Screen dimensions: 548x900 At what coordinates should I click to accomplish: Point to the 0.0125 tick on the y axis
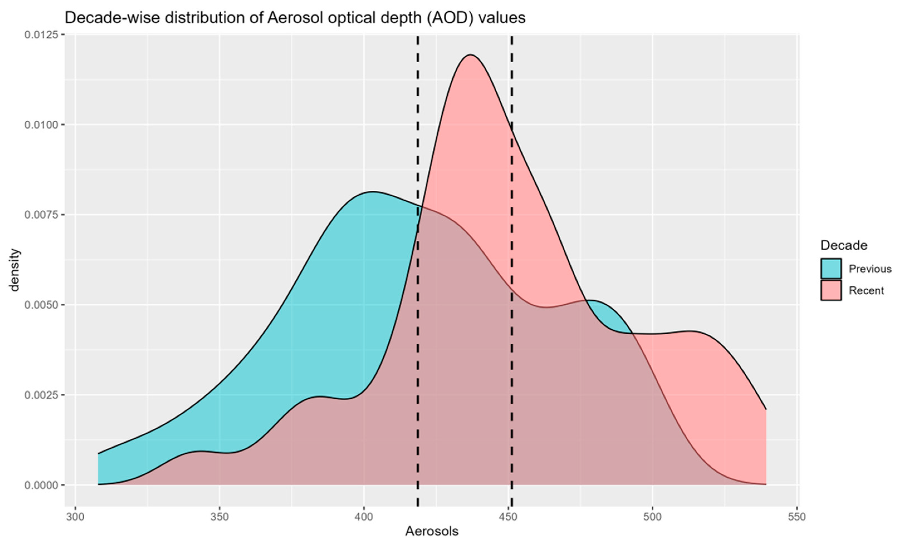tap(41, 35)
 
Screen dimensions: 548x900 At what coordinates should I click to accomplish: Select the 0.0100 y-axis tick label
tap(41, 125)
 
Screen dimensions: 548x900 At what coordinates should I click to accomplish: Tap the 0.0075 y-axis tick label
tap(41, 215)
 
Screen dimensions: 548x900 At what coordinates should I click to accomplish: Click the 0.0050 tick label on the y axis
tap(41, 305)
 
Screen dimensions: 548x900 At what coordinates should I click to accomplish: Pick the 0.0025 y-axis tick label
tap(41, 395)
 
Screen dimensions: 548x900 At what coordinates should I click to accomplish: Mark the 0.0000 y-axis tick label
tap(41, 485)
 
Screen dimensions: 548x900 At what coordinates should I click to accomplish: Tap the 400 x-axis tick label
tap(364, 518)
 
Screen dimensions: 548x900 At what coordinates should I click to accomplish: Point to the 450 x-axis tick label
tap(508, 518)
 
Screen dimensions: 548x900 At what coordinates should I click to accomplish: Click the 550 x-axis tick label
tap(797, 518)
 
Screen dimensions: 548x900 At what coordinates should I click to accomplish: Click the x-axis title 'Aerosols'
tap(432, 532)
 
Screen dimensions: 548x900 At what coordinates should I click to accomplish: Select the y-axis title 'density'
tap(14, 270)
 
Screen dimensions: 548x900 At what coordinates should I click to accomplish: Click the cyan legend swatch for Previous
tap(831, 269)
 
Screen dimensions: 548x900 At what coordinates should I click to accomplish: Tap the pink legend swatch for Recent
tap(831, 291)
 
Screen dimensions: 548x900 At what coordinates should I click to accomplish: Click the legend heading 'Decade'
tap(844, 245)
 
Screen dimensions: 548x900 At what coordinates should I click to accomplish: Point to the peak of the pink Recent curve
tap(470, 55)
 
